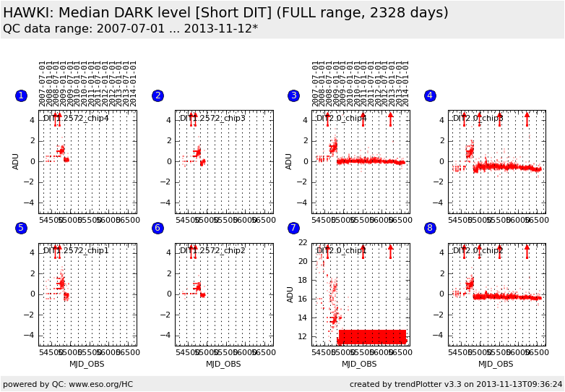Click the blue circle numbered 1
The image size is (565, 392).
(x=21, y=95)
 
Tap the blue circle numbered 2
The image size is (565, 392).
(x=158, y=95)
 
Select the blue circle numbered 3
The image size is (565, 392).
(x=293, y=95)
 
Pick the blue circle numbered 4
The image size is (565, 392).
(x=430, y=95)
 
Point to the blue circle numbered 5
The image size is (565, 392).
(x=21, y=228)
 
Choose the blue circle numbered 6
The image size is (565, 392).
(x=158, y=228)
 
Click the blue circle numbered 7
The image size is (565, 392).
(x=293, y=228)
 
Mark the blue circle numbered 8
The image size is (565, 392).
(x=430, y=228)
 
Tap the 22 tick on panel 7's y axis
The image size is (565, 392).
(x=303, y=243)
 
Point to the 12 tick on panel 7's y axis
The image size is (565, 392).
(x=303, y=336)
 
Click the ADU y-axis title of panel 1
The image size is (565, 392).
(x=16, y=161)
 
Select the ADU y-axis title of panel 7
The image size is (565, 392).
(x=289, y=294)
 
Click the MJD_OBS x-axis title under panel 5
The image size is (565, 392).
(x=87, y=364)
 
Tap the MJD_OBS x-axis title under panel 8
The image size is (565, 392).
(x=496, y=364)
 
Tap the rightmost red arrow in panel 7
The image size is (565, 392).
(x=391, y=251)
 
